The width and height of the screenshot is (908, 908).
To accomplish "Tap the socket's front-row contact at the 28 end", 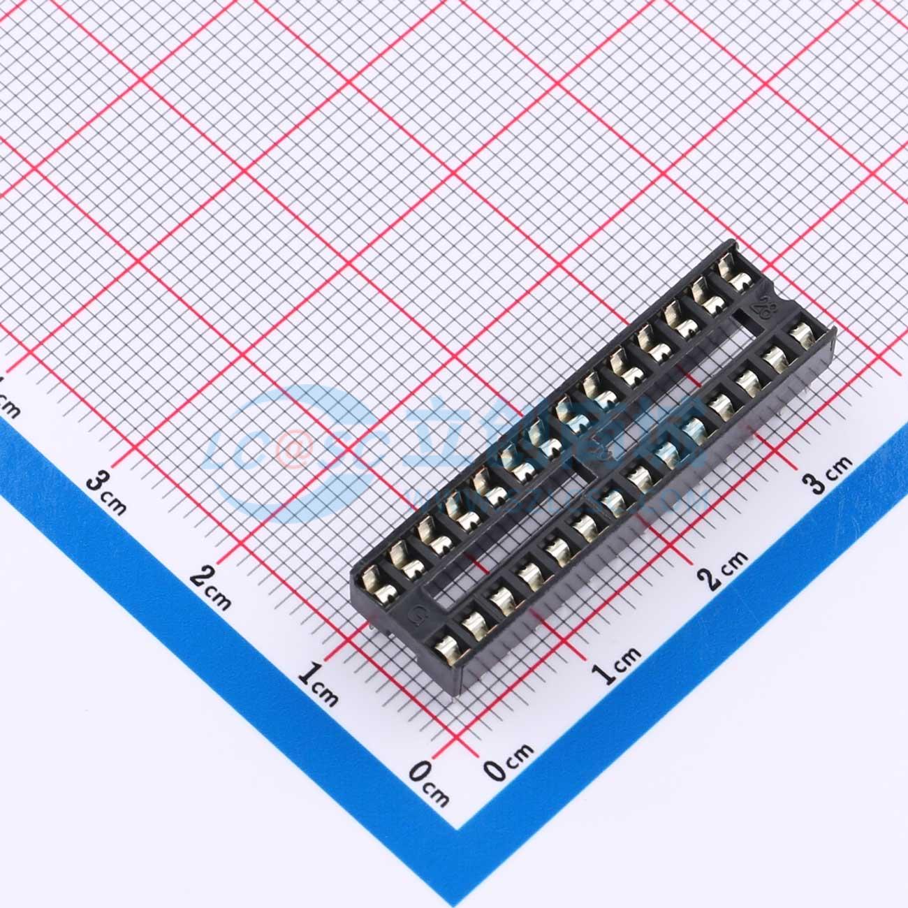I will tap(800, 330).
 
